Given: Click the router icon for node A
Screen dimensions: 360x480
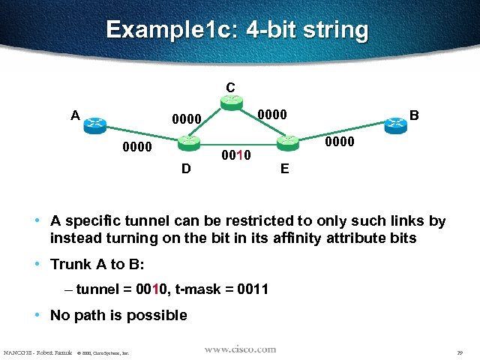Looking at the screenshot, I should [x=95, y=124].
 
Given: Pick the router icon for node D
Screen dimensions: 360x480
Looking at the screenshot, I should [x=187, y=142].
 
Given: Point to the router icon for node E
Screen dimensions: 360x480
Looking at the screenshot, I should [x=286, y=142].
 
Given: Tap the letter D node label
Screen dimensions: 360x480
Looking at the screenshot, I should [x=186, y=169].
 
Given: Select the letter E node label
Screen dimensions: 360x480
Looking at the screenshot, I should [x=284, y=169].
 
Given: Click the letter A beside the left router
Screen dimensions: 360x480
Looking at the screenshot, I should [x=75, y=115].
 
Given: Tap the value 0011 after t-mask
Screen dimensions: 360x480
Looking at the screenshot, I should [x=252, y=289].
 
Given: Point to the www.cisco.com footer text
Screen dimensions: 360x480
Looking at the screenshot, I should [x=240, y=349].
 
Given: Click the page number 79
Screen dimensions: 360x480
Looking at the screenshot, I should [x=458, y=352].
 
